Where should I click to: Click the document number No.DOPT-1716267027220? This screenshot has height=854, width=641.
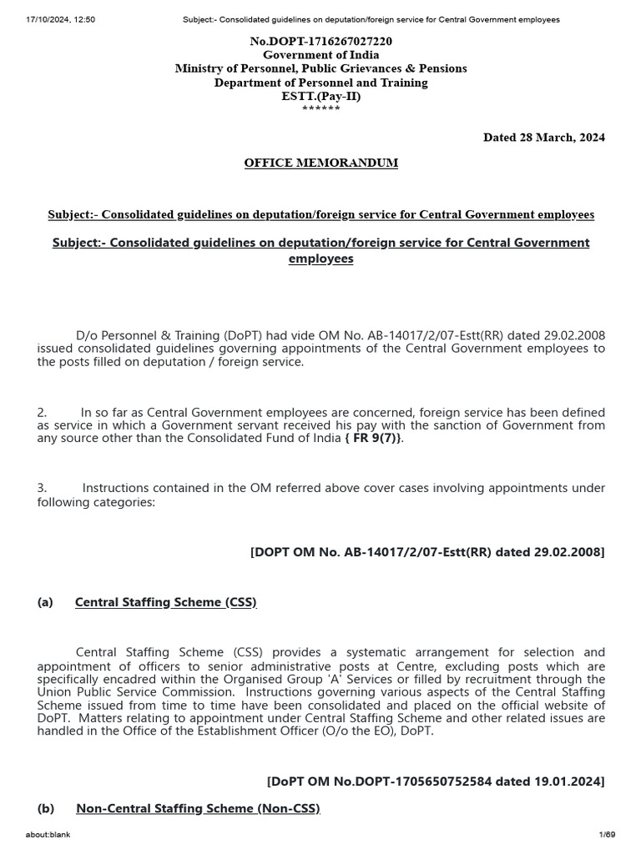click(x=320, y=41)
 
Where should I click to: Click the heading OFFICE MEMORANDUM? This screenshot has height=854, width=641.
click(x=320, y=163)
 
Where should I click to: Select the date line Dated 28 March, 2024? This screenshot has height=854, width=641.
click(x=544, y=137)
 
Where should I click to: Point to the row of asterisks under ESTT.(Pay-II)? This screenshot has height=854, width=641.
click(x=320, y=109)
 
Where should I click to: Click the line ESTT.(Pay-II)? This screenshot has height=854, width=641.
click(x=320, y=96)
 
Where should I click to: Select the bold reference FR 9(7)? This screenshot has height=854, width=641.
click(x=377, y=439)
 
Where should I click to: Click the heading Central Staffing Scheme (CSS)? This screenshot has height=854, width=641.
click(x=165, y=602)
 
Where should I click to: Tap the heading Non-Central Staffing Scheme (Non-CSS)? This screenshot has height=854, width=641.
click(x=198, y=808)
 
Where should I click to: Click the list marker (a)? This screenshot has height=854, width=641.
click(x=45, y=602)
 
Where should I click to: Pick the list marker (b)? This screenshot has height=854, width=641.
click(x=46, y=808)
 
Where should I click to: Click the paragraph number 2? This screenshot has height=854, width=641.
click(x=42, y=412)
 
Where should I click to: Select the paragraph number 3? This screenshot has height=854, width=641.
click(x=42, y=487)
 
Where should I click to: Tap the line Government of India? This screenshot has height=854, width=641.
click(x=320, y=54)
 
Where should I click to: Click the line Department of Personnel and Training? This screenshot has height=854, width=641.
click(x=320, y=83)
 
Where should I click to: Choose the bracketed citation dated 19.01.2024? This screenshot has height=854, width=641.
click(x=436, y=781)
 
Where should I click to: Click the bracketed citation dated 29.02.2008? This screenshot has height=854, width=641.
click(x=427, y=552)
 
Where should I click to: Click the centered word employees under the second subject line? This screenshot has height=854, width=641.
click(x=320, y=259)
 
